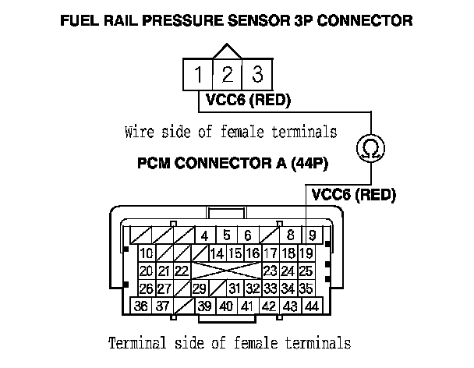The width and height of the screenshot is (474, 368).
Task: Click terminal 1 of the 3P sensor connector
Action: tap(200, 76)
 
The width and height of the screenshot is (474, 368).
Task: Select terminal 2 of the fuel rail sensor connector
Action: tap(228, 76)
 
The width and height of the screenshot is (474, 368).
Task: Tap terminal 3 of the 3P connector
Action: tap(256, 76)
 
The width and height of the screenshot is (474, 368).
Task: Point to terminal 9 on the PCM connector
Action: tap(312, 235)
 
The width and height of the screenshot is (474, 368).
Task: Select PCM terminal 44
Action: tap(311, 306)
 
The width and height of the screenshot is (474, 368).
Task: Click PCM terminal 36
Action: tap(141, 306)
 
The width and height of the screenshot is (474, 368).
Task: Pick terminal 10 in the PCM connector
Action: tap(146, 253)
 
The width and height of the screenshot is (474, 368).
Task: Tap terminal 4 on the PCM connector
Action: tap(204, 235)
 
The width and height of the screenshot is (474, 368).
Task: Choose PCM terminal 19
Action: tap(306, 253)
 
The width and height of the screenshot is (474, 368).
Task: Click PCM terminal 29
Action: tap(199, 288)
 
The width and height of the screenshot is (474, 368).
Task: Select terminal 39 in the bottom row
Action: tap(204, 306)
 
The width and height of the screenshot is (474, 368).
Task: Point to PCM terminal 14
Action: tap(217, 253)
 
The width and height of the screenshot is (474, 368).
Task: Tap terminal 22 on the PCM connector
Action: tap(181, 271)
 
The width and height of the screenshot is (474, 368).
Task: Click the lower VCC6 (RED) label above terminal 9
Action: tap(353, 194)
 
